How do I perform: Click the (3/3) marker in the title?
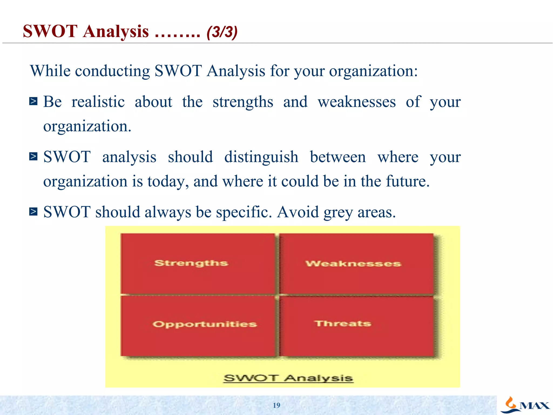pyautogui.click(x=222, y=32)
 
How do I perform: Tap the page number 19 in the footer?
pyautogui.click(x=276, y=405)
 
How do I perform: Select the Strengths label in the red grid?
pyautogui.click(x=191, y=263)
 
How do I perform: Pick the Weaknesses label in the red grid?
pyautogui.click(x=353, y=264)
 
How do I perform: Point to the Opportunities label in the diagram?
pyautogui.click(x=205, y=324)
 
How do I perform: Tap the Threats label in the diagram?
pyautogui.click(x=343, y=323)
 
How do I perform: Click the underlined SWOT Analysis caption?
pyautogui.click(x=288, y=378)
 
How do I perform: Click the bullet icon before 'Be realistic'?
pyautogui.click(x=33, y=101)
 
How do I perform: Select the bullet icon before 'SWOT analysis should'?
pyautogui.click(x=33, y=156)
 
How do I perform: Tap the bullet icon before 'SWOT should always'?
pyautogui.click(x=33, y=212)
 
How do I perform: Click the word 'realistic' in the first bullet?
pyautogui.click(x=98, y=102)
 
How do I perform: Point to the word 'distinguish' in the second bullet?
pyautogui.click(x=261, y=157)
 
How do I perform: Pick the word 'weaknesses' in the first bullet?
pyautogui.click(x=357, y=102)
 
